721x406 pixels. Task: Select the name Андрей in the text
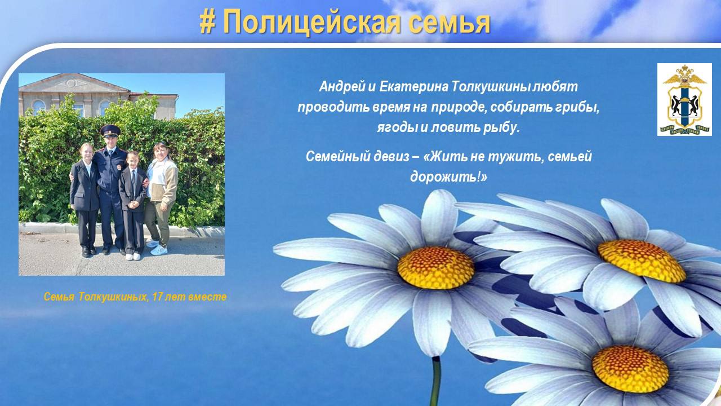(x=341, y=87)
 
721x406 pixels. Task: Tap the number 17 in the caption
(x=157, y=297)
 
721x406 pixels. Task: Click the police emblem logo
(x=684, y=99)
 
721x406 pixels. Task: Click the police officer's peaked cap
(x=110, y=130)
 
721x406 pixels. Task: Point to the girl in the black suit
(x=84, y=200)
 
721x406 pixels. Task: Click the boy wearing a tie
(x=132, y=205)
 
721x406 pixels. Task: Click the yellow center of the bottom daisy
(x=630, y=369)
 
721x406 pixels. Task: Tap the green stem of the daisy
(x=435, y=381)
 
